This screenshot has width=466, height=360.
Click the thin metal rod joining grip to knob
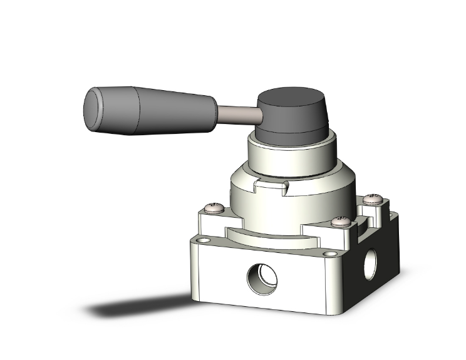point(238,114)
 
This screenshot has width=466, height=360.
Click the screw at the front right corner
point(341,220)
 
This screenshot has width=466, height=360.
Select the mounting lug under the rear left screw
point(210,219)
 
